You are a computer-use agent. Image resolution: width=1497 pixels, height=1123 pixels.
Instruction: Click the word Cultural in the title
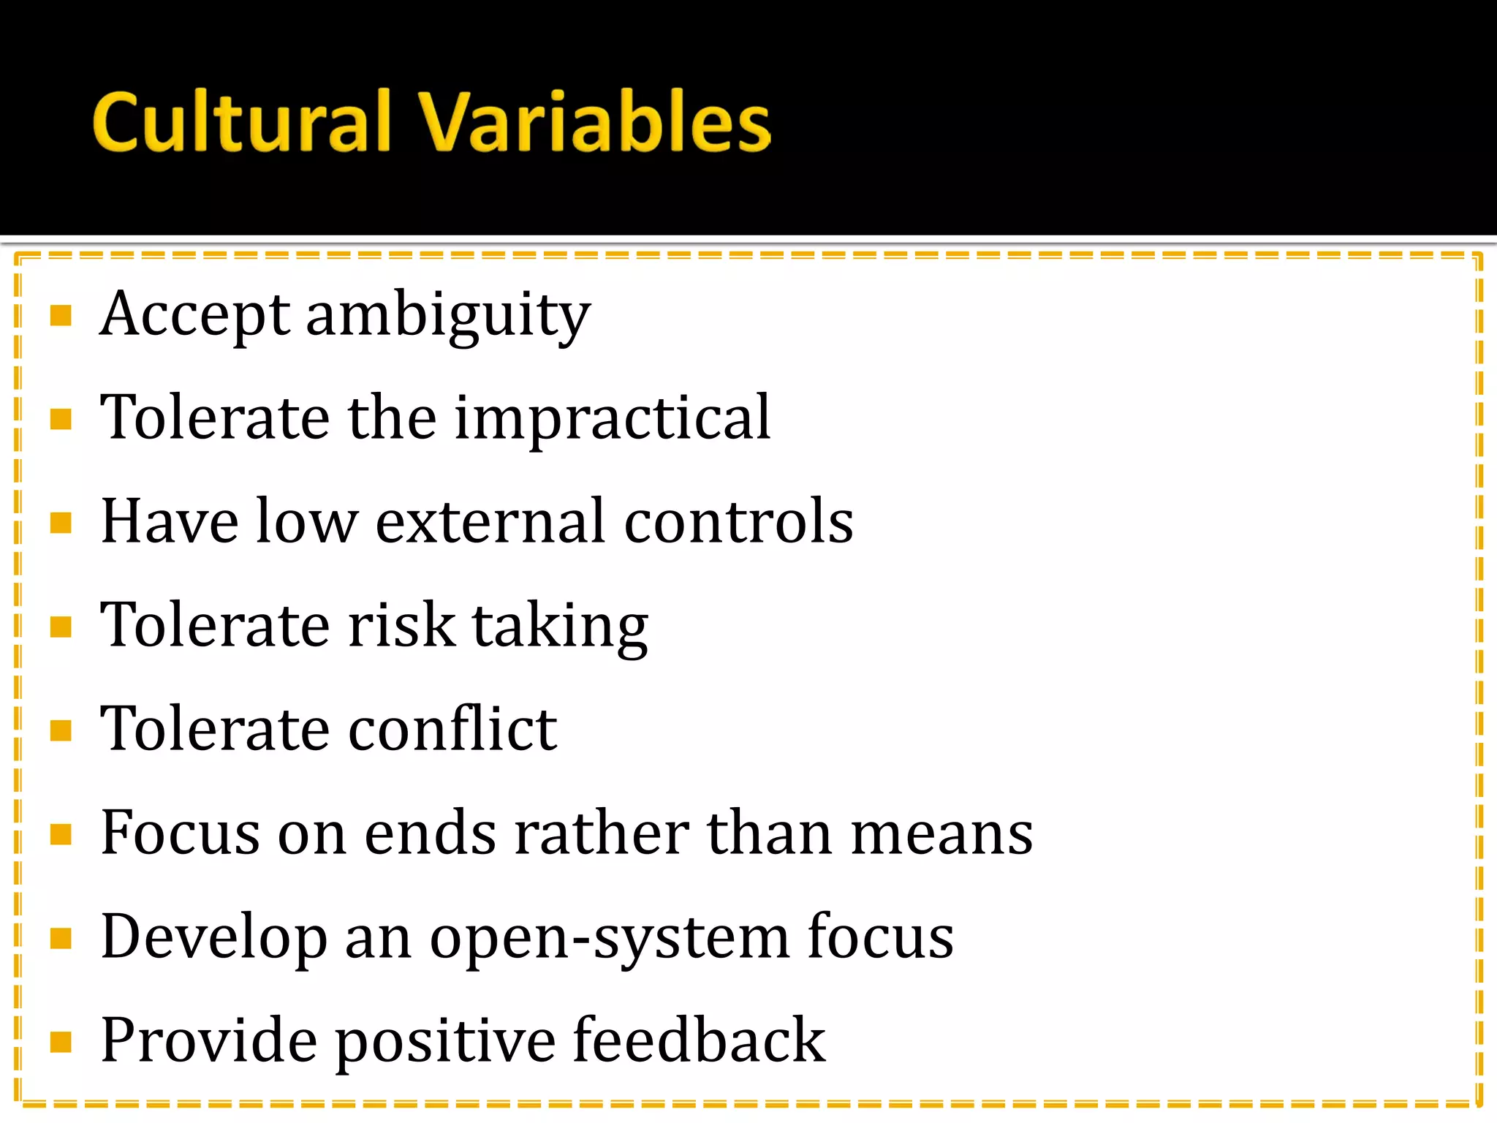[242, 122]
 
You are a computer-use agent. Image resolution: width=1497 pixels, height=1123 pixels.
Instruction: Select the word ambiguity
[447, 317]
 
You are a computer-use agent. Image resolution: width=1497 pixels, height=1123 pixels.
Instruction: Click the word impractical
[613, 418]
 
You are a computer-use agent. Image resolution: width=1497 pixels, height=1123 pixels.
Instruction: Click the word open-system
[610, 939]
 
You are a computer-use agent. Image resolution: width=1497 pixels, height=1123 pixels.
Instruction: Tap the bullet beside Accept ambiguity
[61, 316]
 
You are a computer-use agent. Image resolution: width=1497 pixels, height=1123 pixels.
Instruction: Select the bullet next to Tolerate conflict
[61, 730]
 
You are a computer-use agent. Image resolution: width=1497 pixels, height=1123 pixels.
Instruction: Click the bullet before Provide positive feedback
[61, 1041]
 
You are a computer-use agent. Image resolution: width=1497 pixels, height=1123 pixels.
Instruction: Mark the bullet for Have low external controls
[61, 523]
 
